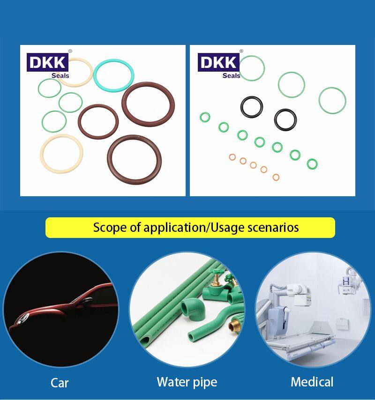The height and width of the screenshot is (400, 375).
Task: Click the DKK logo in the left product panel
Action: pyautogui.click(x=47, y=62)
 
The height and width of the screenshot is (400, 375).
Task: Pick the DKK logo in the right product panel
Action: pyautogui.click(x=218, y=62)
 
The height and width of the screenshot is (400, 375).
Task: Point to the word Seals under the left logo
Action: pyautogui.click(x=60, y=75)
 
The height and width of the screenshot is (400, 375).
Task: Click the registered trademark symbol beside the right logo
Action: pyautogui.click(x=241, y=51)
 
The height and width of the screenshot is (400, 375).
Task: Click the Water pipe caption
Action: pyautogui.click(x=187, y=382)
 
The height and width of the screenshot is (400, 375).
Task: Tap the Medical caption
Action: pyautogui.click(x=312, y=382)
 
